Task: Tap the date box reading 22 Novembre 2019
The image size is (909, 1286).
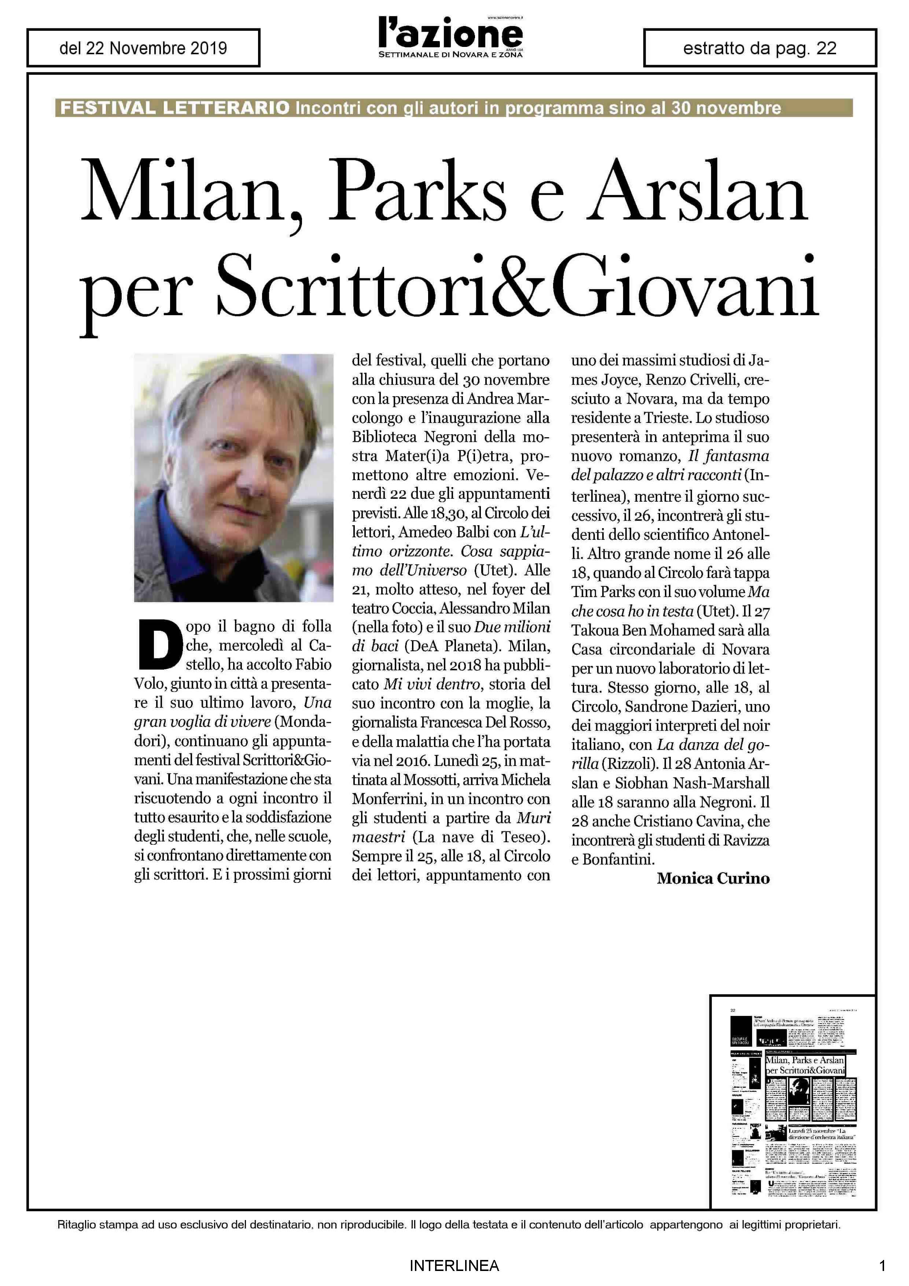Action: (x=143, y=48)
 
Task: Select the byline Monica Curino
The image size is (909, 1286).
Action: (x=713, y=878)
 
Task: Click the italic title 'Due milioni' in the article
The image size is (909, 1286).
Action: (x=512, y=626)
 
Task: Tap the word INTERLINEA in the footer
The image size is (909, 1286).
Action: (x=454, y=1265)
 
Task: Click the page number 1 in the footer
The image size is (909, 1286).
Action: (x=882, y=1265)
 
